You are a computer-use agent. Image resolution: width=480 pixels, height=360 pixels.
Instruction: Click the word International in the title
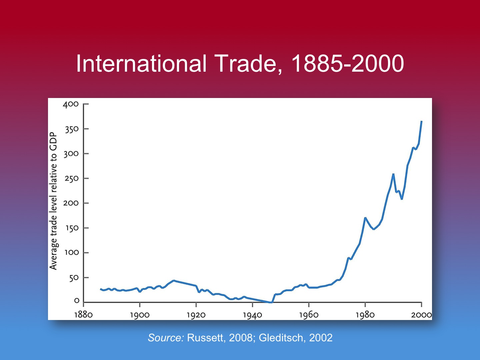click(141, 63)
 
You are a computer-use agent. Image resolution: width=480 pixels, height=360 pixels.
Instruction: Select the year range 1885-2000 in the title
click(348, 63)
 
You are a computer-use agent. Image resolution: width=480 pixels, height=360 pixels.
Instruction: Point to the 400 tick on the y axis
click(71, 104)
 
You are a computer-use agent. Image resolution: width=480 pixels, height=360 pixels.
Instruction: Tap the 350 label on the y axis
click(71, 129)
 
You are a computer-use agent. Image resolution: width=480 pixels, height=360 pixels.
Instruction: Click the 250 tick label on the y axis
click(71, 178)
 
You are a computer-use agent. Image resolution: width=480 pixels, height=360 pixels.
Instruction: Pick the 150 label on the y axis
click(71, 228)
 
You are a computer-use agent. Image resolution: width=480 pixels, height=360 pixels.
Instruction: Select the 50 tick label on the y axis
click(74, 278)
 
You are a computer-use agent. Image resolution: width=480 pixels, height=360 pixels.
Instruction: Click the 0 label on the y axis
click(77, 301)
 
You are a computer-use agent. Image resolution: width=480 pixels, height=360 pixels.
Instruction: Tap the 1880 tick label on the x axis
click(83, 315)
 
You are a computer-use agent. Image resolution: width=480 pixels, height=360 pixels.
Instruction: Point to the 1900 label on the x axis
click(140, 315)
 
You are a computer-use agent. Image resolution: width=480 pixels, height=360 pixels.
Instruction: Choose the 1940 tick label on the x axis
click(252, 315)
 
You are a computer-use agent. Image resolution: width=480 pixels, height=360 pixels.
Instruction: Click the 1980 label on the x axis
click(365, 315)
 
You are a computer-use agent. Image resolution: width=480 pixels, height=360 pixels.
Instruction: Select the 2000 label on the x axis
click(421, 315)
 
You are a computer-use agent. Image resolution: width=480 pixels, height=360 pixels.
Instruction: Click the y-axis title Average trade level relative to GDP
click(53, 201)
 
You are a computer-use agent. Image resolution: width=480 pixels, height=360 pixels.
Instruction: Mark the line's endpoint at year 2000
click(422, 122)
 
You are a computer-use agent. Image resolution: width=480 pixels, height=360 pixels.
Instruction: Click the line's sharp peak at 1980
click(365, 218)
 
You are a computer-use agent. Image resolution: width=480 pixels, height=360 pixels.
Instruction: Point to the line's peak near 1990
click(393, 174)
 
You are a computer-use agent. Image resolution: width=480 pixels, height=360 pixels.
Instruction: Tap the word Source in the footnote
click(165, 338)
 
